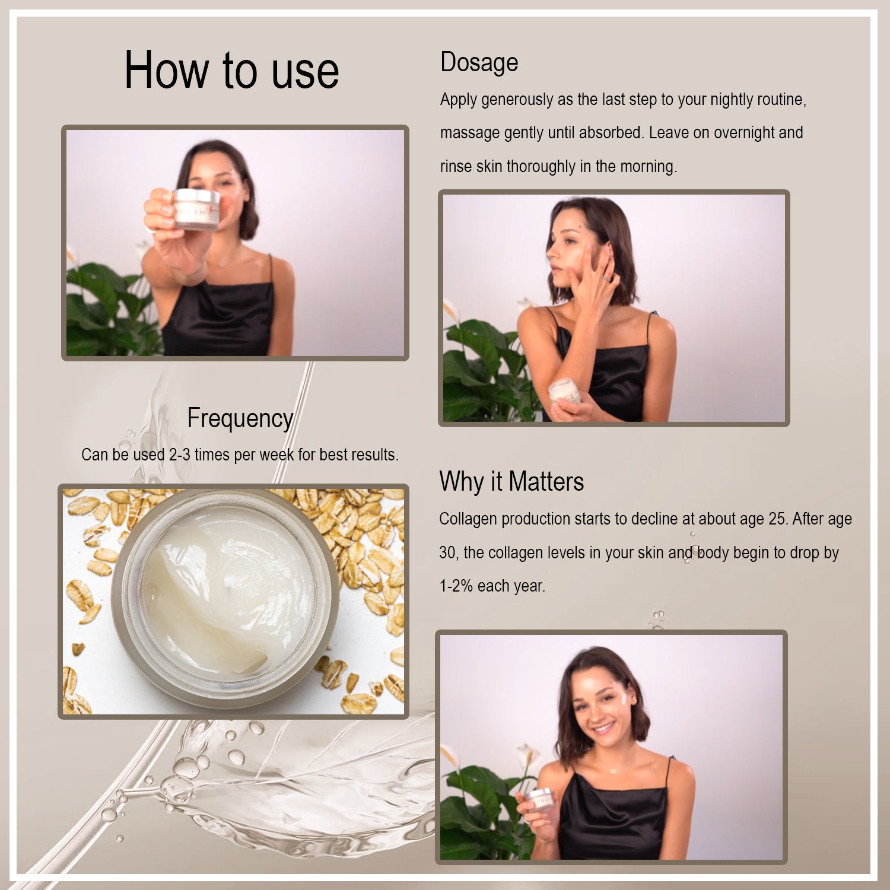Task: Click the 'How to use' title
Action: click(x=231, y=71)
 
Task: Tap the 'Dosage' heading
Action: click(x=479, y=63)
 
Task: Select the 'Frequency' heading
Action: click(x=240, y=419)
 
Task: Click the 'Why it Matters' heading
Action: click(x=511, y=481)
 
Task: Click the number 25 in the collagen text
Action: click(x=778, y=519)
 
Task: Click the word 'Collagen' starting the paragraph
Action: click(x=469, y=519)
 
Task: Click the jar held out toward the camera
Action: click(x=196, y=209)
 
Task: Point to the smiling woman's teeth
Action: click(x=604, y=727)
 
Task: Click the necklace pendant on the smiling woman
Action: click(x=614, y=771)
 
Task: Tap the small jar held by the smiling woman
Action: click(x=541, y=800)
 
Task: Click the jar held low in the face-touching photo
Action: click(x=564, y=392)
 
